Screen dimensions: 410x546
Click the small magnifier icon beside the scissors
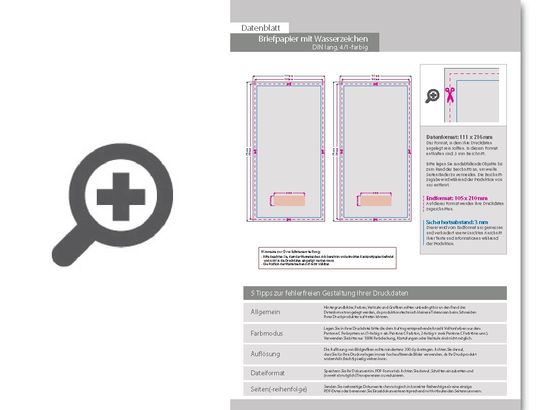432,96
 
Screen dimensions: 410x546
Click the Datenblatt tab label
261,28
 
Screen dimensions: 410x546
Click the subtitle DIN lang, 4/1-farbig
340,47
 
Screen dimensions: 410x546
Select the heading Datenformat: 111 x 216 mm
459,137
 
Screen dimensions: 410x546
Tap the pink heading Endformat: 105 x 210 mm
457,198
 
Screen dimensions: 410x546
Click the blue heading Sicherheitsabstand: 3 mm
457,222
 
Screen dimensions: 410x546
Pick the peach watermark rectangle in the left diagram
289,201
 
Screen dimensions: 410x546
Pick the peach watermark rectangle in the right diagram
376,201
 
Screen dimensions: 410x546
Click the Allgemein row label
265,312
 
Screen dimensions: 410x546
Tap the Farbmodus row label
266,333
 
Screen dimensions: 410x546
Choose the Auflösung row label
265,354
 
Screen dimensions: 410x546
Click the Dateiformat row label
267,373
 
